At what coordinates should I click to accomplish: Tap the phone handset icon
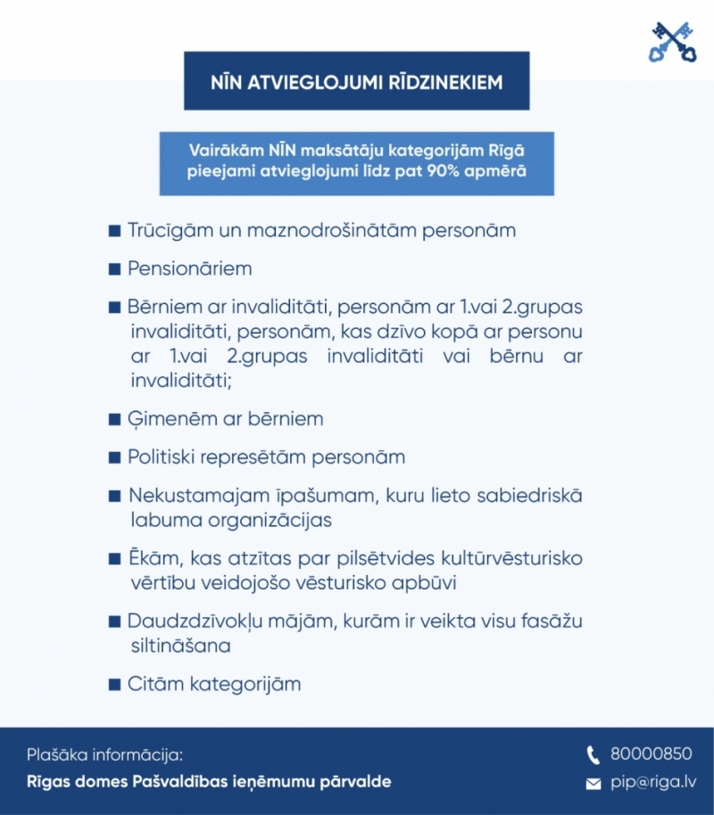coord(594,755)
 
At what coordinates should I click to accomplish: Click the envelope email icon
coord(594,784)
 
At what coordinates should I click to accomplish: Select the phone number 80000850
coord(651,754)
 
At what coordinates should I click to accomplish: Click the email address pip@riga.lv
coord(653,782)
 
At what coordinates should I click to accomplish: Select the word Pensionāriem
coord(189,268)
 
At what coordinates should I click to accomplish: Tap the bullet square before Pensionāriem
coord(114,269)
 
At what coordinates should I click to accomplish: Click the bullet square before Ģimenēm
coord(114,419)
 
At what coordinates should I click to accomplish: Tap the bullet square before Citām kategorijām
coord(114,686)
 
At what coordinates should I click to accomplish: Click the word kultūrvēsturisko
coord(506,558)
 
